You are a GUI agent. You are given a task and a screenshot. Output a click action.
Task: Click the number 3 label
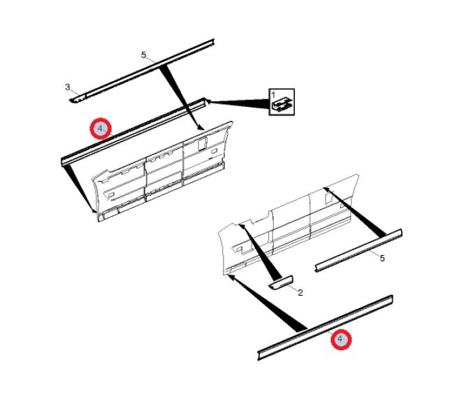pos(68,87)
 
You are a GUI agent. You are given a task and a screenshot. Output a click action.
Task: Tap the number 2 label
pos(300,293)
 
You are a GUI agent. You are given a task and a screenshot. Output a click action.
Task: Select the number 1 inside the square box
pos(273,95)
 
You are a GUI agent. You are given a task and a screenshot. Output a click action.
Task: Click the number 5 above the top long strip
pos(144,55)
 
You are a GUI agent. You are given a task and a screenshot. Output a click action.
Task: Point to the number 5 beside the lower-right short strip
pos(382,259)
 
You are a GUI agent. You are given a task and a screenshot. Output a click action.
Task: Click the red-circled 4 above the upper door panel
pos(101,129)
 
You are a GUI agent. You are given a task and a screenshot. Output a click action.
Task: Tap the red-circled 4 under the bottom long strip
pos(341,339)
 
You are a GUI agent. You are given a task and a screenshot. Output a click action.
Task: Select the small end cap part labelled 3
pos(78,99)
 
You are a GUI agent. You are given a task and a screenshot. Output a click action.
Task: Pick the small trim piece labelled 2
pos(281,283)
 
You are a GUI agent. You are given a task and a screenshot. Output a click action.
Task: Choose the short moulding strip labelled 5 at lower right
pos(359,250)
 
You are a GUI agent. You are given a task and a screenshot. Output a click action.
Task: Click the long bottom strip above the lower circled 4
pos(325,328)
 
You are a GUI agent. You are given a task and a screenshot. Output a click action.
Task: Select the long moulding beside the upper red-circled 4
pos(133,131)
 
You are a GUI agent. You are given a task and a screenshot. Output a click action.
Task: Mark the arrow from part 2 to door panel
pos(261,250)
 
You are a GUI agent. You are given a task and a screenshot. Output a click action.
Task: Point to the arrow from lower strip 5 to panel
pos(355,211)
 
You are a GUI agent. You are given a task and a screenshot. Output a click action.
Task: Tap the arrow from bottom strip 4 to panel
pos(267,303)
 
